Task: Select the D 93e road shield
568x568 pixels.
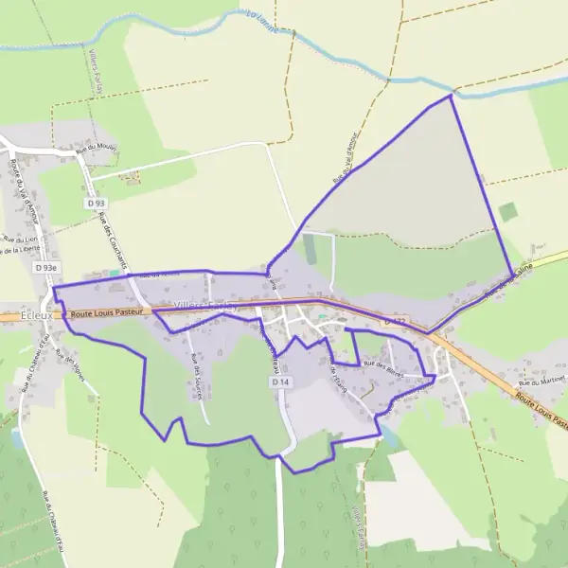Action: [x=46, y=268]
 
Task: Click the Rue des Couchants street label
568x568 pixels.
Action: [x=111, y=240]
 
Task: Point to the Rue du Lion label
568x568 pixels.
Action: [x=18, y=240]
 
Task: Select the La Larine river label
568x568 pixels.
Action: [x=260, y=22]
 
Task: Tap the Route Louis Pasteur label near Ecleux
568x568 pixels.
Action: [x=106, y=311]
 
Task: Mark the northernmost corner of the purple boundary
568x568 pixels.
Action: [x=451, y=95]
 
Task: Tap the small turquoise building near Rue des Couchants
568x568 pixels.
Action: [x=115, y=273]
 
